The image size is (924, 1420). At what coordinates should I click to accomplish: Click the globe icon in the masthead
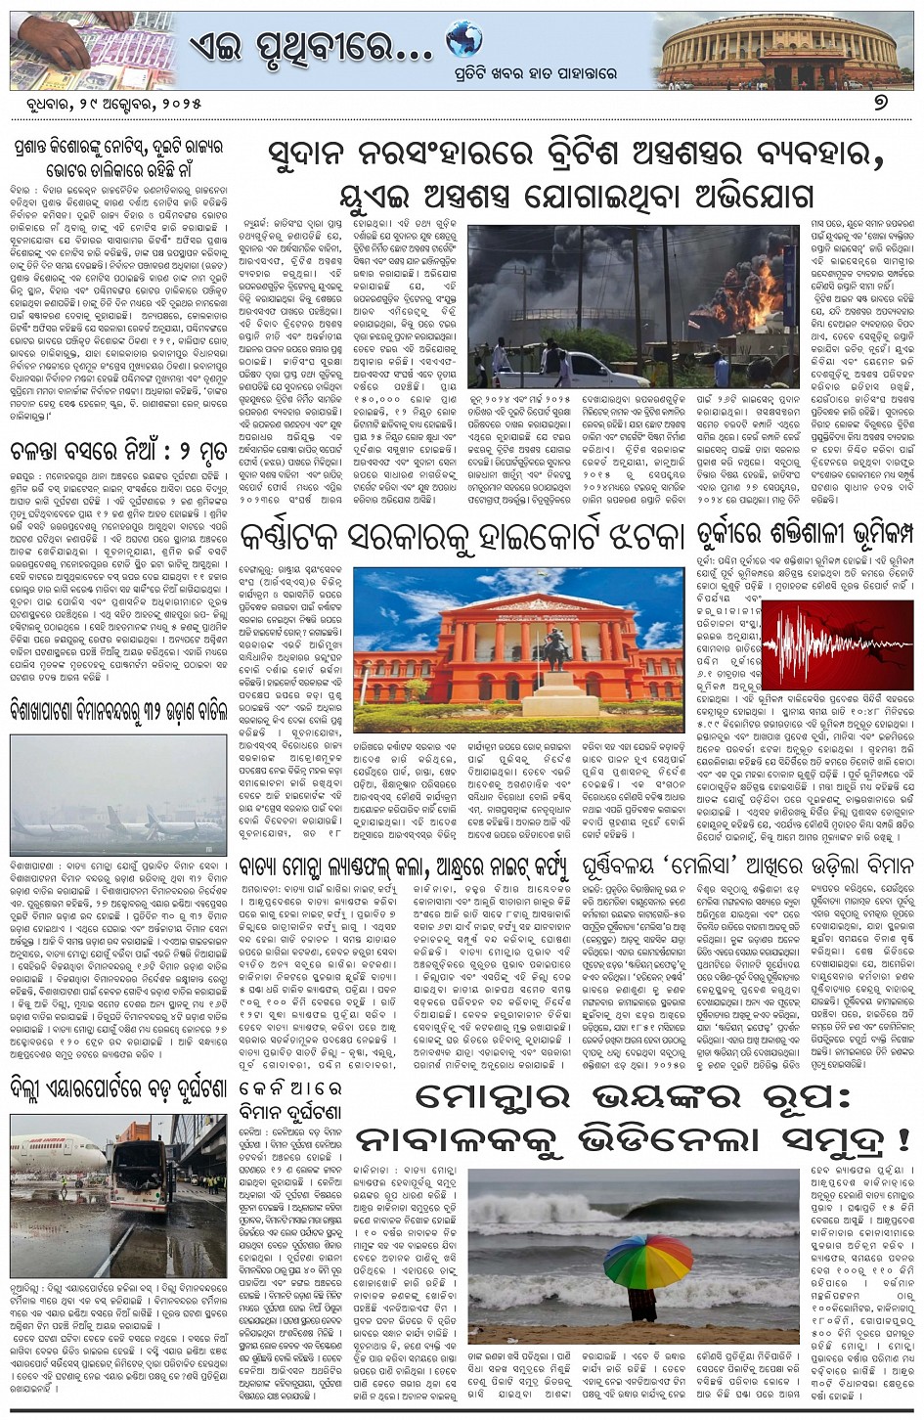(463, 40)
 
